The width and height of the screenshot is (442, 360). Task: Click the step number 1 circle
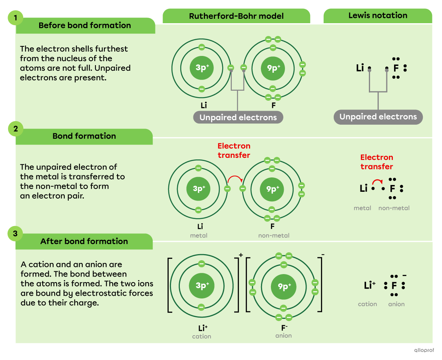(16, 18)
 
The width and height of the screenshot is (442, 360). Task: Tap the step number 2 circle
(16, 129)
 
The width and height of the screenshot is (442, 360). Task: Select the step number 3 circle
(16, 234)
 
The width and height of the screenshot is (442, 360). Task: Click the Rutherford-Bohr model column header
(236, 16)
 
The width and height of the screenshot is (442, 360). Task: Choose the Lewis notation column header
(378, 16)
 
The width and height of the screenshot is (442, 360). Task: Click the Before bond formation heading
(85, 26)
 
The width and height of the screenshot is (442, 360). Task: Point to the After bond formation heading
(84, 241)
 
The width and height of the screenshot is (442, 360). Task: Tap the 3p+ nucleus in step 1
(202, 68)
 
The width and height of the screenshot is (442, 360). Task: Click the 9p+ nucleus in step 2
(273, 189)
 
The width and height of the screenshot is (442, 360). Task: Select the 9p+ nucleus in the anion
(283, 286)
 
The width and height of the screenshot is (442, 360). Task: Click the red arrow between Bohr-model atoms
(235, 179)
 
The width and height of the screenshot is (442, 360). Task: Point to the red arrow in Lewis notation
(378, 181)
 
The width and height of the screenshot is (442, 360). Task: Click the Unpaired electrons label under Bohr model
(238, 117)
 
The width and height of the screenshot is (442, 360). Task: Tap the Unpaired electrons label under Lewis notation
(378, 117)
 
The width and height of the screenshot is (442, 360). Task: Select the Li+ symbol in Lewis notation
(370, 285)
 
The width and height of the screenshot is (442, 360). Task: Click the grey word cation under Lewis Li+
(367, 304)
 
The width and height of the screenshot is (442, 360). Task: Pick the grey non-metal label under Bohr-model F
(274, 235)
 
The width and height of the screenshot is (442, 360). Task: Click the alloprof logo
(424, 350)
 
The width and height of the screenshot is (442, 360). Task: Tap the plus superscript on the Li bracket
(241, 255)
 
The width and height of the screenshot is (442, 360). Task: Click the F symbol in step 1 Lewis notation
(396, 68)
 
